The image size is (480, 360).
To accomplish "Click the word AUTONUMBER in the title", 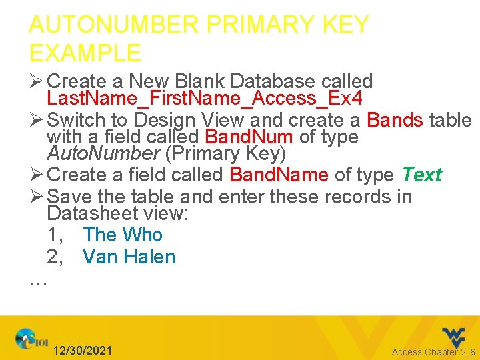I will [113, 25].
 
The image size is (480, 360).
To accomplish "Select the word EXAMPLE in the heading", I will [85, 53].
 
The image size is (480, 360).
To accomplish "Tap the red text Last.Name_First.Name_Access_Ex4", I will [204, 99].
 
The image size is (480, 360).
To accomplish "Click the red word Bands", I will [395, 120].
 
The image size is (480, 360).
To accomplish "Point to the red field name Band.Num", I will [248, 137].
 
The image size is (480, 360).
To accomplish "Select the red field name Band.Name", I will [279, 175].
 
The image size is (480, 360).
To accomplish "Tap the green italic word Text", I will [421, 175].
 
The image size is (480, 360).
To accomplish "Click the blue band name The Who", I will [123, 235].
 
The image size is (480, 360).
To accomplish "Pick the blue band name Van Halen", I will [129, 257].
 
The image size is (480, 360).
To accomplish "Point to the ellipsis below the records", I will [38, 281].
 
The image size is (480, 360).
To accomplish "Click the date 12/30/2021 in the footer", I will [83, 351].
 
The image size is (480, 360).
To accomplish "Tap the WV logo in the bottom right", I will [453, 336].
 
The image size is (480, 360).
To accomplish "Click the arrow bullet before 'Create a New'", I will [36, 82].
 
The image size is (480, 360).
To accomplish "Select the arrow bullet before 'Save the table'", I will [36, 197].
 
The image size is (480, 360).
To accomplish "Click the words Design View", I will [176, 120].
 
